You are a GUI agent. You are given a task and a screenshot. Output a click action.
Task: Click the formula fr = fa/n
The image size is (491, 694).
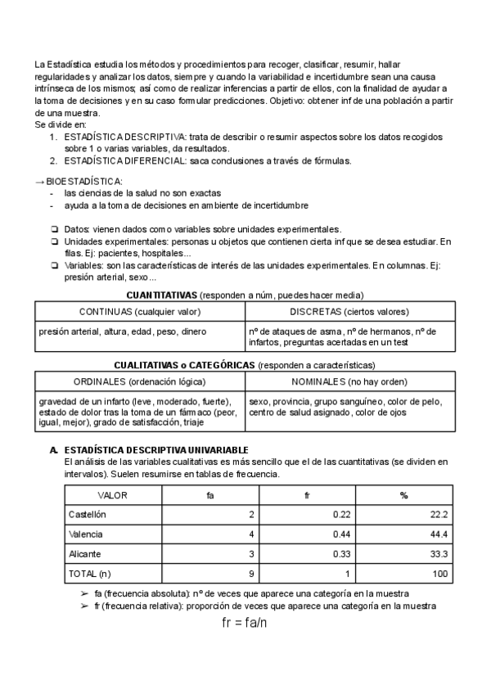pos(245,623)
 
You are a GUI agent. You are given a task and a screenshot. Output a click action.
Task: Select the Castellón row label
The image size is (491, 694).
pos(88,515)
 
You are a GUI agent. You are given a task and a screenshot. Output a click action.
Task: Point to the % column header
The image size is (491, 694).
pos(403,495)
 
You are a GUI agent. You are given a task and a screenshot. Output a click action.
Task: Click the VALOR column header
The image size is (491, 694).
pos(113,495)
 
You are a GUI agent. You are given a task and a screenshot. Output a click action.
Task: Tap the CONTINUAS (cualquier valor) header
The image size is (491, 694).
pos(139,312)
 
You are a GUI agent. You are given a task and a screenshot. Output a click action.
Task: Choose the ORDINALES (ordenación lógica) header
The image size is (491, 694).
pos(139,381)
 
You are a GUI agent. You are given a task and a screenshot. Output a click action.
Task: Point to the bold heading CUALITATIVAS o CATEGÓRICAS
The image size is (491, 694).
pos(185,364)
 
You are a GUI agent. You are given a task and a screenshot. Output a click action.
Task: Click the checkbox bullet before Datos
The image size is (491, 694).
pos(54,229)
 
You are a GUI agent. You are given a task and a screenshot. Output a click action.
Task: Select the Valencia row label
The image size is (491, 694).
pos(86,534)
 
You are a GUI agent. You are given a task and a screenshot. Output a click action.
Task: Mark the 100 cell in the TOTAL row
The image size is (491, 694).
pos(440,574)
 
